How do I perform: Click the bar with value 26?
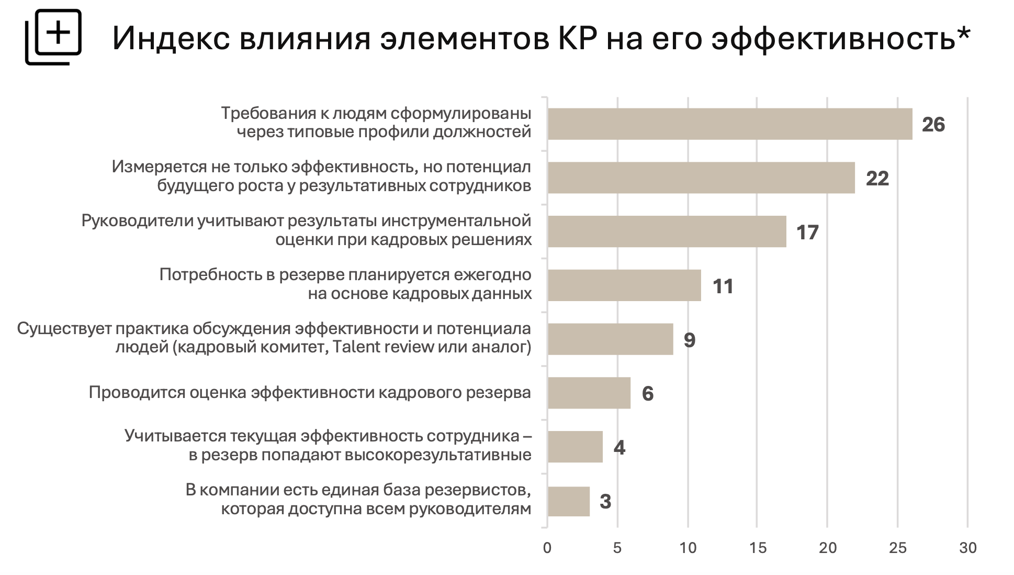(729, 124)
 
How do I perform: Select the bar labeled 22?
(701, 178)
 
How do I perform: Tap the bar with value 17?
(667, 231)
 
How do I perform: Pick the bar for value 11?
(624, 285)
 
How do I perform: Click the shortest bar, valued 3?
(569, 501)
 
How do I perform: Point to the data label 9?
(690, 340)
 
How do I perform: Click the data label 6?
(648, 393)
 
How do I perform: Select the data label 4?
(619, 447)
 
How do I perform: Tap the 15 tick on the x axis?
(758, 548)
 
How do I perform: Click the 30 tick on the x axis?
(968, 548)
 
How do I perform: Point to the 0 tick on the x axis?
(547, 548)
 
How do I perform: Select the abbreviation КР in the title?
(573, 38)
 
